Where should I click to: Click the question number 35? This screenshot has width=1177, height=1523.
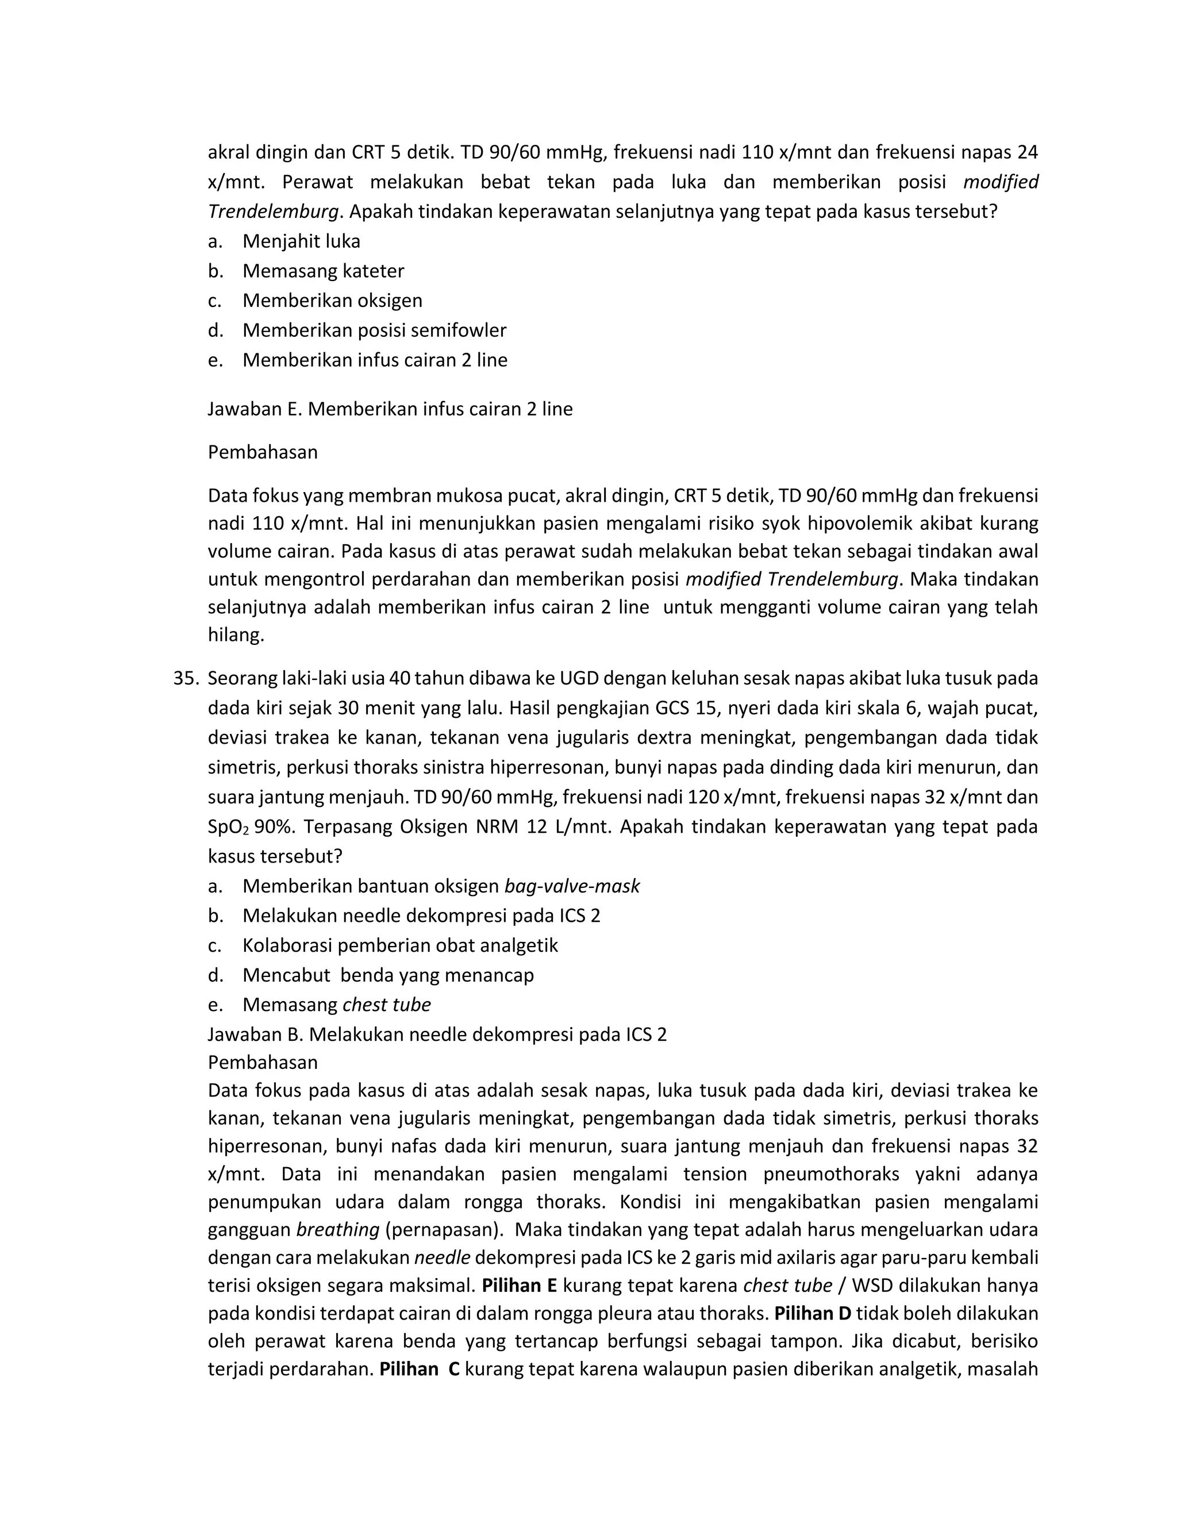pyautogui.click(x=186, y=678)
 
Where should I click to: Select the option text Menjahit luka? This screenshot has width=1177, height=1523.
pyautogui.click(x=301, y=241)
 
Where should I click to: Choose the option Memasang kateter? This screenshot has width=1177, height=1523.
pyautogui.click(x=323, y=271)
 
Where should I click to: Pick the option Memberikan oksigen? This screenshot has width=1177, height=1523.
pyautogui.click(x=332, y=301)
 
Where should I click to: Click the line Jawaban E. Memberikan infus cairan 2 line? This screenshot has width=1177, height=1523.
pyautogui.click(x=390, y=409)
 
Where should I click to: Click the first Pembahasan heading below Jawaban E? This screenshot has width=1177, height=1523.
pyautogui.click(x=262, y=452)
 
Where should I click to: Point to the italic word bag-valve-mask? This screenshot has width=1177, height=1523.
pyautogui.click(x=572, y=886)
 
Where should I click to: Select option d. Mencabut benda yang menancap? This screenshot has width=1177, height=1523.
pyautogui.click(x=388, y=974)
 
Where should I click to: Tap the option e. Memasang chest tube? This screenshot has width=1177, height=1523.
pyautogui.click(x=336, y=1004)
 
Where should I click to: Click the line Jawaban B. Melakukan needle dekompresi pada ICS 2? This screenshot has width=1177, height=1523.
pyautogui.click(x=437, y=1033)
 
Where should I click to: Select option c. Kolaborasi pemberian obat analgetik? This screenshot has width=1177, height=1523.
pyautogui.click(x=399, y=945)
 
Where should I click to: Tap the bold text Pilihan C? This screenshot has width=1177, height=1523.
pyautogui.click(x=419, y=1369)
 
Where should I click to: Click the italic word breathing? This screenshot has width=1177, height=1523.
pyautogui.click(x=337, y=1229)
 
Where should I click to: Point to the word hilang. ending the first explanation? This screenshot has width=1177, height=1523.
pyautogui.click(x=236, y=634)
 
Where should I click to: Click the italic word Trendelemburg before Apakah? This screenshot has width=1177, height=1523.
pyautogui.click(x=272, y=211)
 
